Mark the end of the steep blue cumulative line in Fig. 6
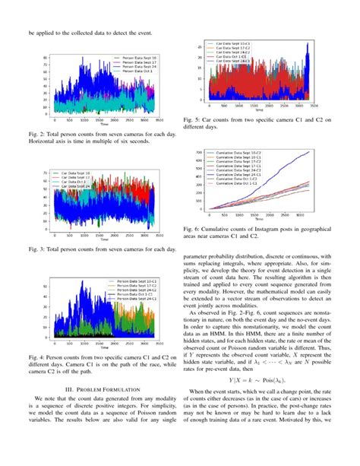coord(309,153)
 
